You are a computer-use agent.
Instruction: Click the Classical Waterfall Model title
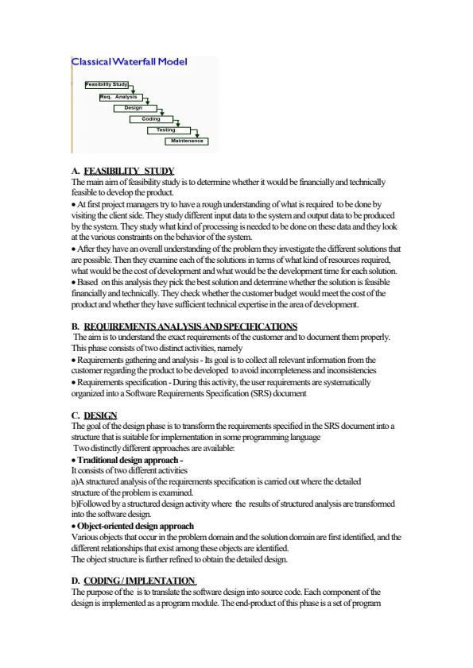129,61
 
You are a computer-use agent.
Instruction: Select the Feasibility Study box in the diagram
108,84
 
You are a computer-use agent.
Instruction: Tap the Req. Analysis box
118,96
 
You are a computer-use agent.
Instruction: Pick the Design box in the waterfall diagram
134,107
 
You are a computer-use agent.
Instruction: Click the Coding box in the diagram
150,118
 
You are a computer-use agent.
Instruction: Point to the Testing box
165,129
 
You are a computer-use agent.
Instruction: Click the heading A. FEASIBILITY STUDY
122,171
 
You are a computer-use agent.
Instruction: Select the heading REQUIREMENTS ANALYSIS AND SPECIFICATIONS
190,326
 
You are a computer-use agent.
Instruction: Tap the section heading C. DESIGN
94,415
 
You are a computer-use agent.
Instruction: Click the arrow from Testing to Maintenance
196,133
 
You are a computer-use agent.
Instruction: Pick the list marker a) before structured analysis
76,481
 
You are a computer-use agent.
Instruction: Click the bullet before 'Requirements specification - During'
73,383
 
